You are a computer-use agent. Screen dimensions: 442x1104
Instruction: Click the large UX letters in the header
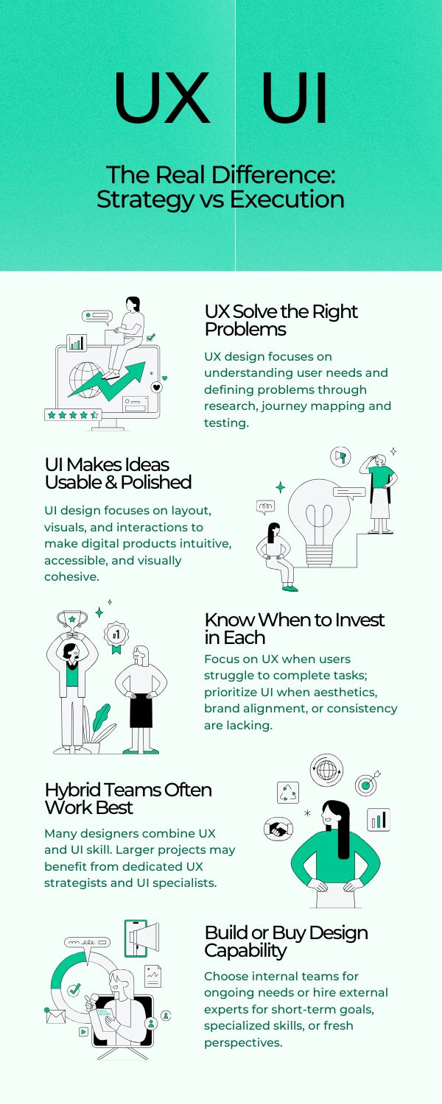coord(162,98)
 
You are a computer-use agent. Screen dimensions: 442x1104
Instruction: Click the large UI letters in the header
coord(295,98)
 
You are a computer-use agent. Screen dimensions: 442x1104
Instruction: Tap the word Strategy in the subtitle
coord(146,200)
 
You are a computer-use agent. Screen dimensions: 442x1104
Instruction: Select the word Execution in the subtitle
coord(287,199)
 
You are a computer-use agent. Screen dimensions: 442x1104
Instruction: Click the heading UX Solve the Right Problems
coord(281,320)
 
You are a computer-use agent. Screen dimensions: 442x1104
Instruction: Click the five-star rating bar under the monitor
coord(73,414)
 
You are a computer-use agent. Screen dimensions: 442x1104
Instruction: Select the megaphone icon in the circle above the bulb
coord(340,456)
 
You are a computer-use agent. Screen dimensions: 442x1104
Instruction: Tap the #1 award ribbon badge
coord(116,637)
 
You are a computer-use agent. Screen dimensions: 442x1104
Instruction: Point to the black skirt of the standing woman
coord(141,710)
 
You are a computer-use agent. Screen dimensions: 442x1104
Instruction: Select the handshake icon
coord(278,829)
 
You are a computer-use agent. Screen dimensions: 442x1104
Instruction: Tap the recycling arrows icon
coord(287,793)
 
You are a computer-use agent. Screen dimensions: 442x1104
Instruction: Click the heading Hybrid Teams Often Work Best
coord(128,799)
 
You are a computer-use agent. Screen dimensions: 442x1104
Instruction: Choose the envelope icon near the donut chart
coord(55,1016)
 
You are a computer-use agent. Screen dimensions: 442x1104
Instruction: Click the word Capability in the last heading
coord(245,951)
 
